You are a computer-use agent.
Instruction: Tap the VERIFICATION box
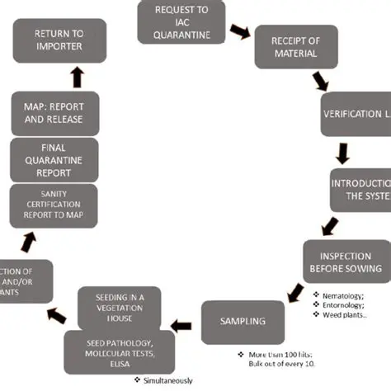(356, 114)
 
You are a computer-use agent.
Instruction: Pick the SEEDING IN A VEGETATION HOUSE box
(125, 307)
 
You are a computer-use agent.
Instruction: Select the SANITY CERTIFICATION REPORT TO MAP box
(54, 205)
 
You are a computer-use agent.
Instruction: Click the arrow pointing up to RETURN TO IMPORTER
(77, 78)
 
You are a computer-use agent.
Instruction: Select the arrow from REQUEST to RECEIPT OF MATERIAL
(238, 31)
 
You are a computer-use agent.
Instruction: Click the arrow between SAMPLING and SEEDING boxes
(186, 316)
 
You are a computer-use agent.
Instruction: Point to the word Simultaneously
(167, 380)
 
